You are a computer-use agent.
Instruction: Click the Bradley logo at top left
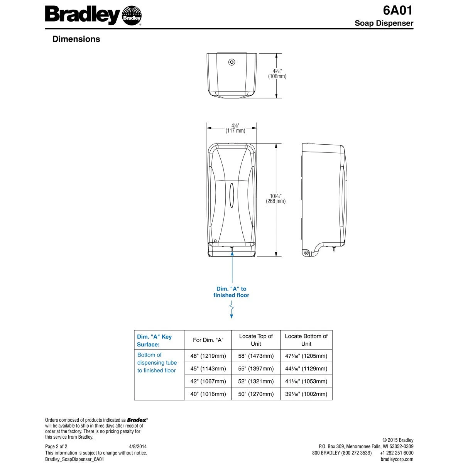click(93, 15)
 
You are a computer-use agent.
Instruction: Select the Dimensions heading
click(76, 39)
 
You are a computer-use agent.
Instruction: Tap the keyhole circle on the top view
click(231, 62)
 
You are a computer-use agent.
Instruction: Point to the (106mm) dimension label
click(277, 76)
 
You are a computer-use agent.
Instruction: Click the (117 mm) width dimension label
click(235, 131)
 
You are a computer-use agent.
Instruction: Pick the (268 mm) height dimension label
click(275, 201)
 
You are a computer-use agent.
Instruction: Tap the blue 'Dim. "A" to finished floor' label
click(231, 292)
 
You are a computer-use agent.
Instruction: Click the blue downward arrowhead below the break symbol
click(231, 316)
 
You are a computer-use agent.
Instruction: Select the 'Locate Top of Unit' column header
click(256, 340)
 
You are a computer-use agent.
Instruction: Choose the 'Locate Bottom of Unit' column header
click(306, 340)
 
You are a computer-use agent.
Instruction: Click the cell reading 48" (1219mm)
click(208, 356)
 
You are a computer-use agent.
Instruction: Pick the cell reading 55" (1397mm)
click(256, 369)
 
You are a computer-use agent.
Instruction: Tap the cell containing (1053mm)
click(306, 382)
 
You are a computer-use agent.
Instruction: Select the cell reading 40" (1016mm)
click(208, 394)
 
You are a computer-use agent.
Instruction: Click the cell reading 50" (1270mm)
click(256, 394)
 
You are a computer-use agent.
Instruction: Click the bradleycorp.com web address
click(397, 459)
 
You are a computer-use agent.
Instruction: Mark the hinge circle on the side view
click(306, 253)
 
